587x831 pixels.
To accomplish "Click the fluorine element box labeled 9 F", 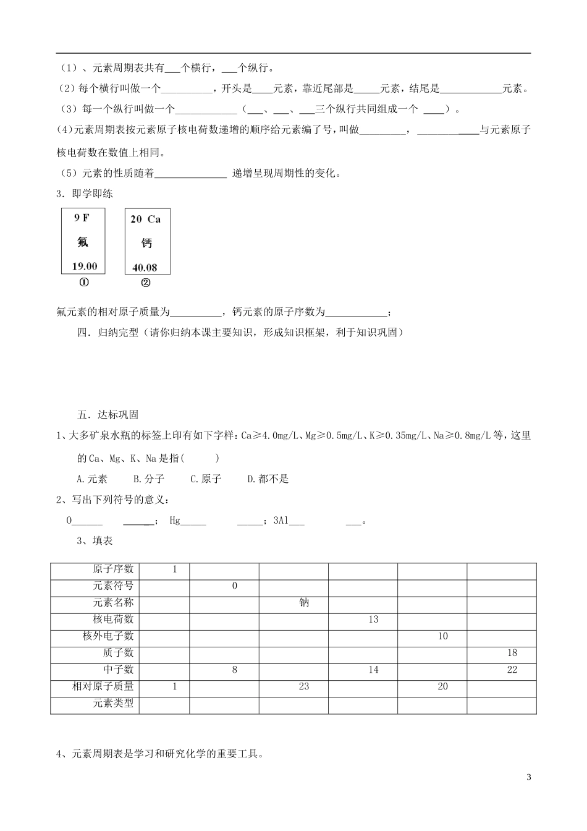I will pos(83,241).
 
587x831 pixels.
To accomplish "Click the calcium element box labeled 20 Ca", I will pos(147,242).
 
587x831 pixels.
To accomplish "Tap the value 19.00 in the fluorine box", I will pos(85,266).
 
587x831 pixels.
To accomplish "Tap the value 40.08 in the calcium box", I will pos(145,268).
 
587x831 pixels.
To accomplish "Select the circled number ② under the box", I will pos(146,283).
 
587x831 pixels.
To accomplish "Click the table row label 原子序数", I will pos(113,569).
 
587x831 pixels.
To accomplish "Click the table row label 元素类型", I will pos(113,703).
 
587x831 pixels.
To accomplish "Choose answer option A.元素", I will pos(92,479).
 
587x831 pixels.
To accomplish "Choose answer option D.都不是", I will pos(268,479).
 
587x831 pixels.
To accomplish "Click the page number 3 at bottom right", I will pos(529,777).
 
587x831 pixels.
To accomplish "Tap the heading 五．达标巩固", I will pos(108,415).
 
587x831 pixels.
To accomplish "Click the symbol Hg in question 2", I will pos(175,521).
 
